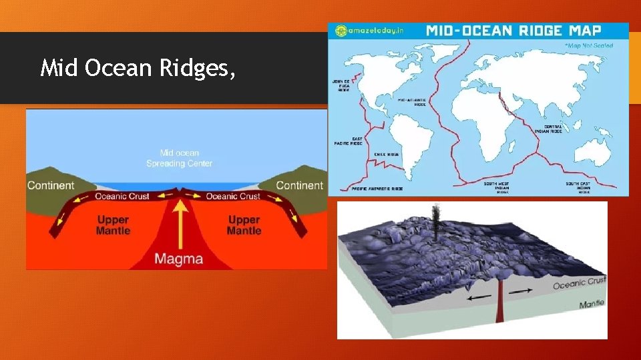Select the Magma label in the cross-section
click(x=179, y=257)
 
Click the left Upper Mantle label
click(x=113, y=225)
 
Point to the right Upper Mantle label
click(x=244, y=225)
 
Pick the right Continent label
click(x=299, y=185)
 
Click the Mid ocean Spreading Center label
click(x=179, y=158)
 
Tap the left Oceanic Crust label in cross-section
click(x=122, y=196)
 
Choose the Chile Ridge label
click(x=387, y=154)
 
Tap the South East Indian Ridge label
click(x=578, y=187)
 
